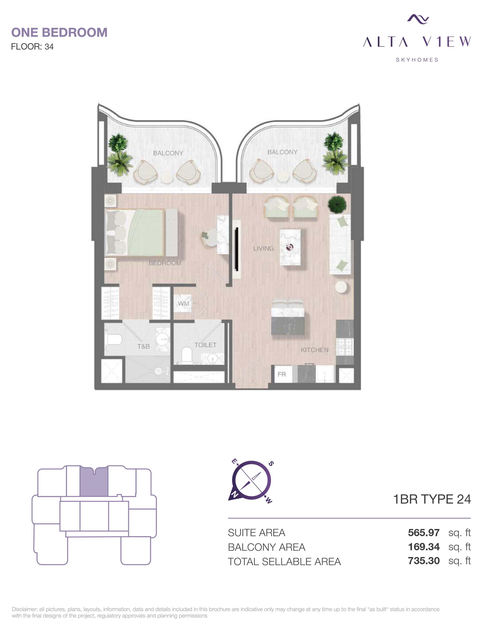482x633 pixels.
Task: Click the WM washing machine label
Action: pos(184,303)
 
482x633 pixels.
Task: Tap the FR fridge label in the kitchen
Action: pos(281,374)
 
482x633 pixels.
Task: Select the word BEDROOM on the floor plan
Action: pos(165,263)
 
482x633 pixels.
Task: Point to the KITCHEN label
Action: pos(315,350)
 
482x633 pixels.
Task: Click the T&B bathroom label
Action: pos(143,346)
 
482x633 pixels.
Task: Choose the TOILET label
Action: pos(205,345)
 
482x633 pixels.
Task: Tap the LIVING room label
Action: pos(263,248)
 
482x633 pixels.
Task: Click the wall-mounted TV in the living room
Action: pos(237,249)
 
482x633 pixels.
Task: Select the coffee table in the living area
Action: pos(290,247)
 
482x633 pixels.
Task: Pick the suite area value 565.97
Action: pos(423,533)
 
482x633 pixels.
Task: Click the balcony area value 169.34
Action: pos(423,547)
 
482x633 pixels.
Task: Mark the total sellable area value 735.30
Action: pos(423,561)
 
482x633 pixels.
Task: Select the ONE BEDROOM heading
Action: pos(59,33)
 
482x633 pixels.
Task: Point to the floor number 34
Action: pos(49,47)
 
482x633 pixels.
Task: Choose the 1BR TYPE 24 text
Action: pos(432,499)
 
